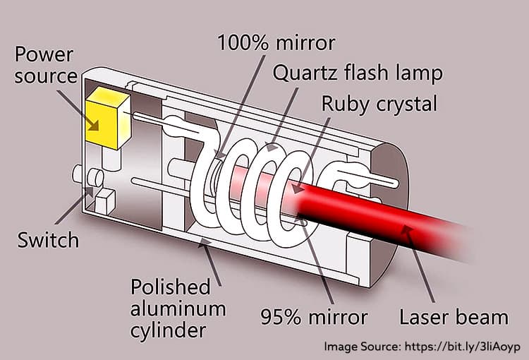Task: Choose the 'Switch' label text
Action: (x=49, y=240)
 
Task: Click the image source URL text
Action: (x=422, y=347)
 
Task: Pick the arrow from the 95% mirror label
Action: (x=315, y=261)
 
